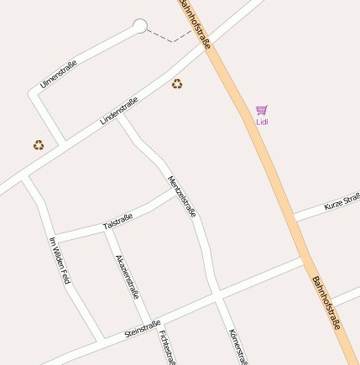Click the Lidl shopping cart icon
tap(262, 110)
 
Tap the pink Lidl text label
tap(262, 122)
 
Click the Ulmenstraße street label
tap(59, 73)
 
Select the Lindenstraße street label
tap(118, 111)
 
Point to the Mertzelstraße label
tap(181, 196)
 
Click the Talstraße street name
tap(117, 222)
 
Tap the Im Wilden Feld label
tap(59, 260)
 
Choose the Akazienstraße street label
tap(127, 276)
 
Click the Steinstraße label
tap(143, 328)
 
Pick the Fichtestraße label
tap(167, 347)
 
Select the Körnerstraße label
tap(237, 347)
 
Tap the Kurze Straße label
tap(342, 201)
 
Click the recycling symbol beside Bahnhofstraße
tap(177, 84)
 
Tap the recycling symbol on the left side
tap(39, 145)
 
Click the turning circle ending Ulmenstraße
tap(140, 26)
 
